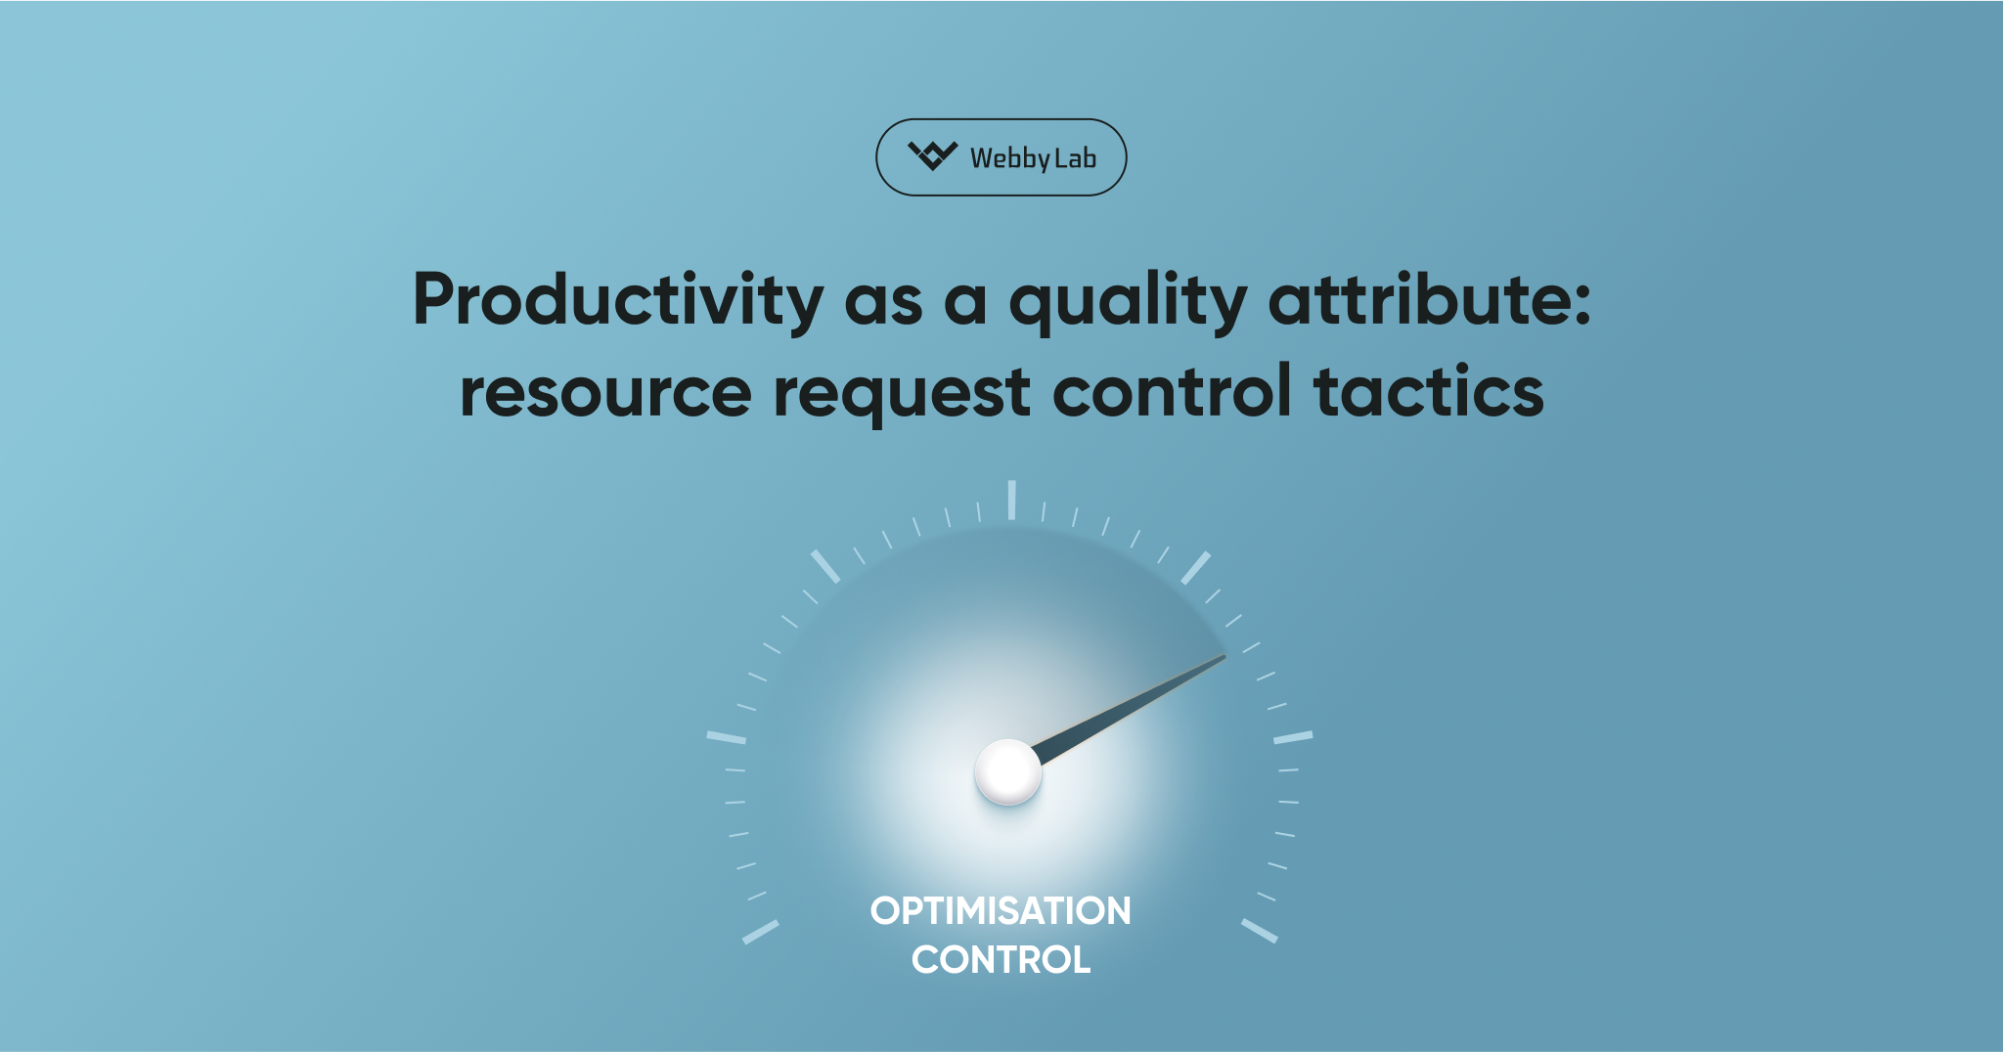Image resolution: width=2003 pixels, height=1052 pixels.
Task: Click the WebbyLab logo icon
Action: point(932,155)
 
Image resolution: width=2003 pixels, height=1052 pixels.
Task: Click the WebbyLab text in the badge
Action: point(1033,158)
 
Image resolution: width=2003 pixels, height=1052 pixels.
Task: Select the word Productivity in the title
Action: point(618,299)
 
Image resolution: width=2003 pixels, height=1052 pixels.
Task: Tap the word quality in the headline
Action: point(1127,301)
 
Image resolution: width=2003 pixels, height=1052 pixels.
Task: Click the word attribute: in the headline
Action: point(1429,299)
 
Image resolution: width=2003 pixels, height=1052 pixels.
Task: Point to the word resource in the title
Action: point(605,392)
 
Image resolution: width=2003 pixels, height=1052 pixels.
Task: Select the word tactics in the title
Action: point(1428,392)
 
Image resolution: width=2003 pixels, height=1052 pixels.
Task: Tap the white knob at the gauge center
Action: point(1008,771)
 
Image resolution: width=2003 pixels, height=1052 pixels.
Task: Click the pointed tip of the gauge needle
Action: point(1224,657)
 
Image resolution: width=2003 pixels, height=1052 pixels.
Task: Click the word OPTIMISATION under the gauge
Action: point(1001,911)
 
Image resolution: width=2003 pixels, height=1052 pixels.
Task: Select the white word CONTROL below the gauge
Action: point(1001,960)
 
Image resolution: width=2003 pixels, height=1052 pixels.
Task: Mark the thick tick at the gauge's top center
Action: point(1011,500)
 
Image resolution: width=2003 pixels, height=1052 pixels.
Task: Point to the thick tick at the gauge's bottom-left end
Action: point(761,932)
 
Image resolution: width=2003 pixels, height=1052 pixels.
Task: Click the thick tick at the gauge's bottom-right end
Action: point(1260,931)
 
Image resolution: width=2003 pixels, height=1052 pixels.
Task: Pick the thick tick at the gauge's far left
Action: point(727,737)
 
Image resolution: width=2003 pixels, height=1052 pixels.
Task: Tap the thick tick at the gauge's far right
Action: point(1293,737)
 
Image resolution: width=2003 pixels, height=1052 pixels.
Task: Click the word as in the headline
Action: point(883,301)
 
